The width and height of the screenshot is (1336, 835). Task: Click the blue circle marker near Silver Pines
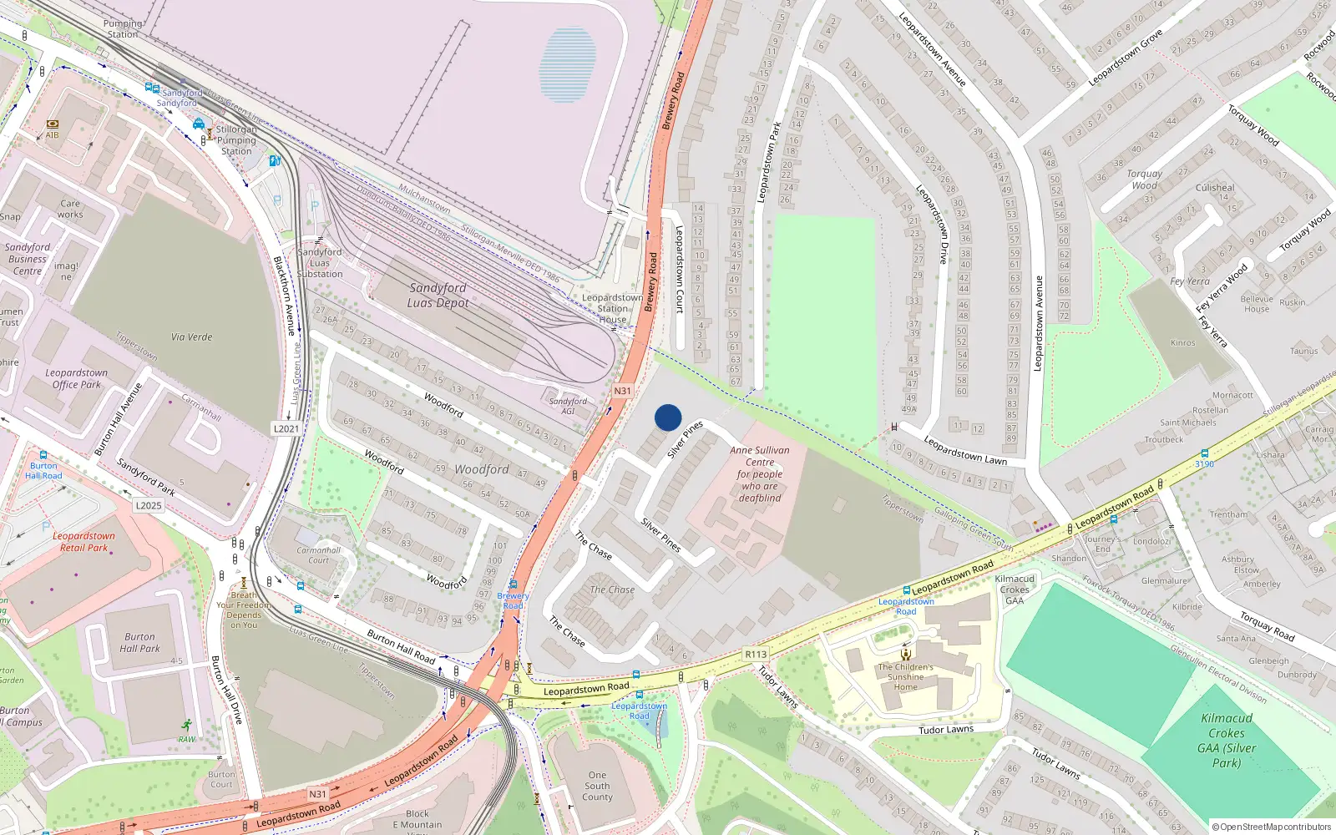(668, 417)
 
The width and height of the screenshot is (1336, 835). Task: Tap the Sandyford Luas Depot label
(438, 295)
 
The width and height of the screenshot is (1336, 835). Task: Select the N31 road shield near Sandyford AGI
(622, 391)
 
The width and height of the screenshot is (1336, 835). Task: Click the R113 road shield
(756, 654)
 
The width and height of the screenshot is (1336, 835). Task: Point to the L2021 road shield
(286, 428)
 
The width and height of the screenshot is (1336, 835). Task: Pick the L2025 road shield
(149, 505)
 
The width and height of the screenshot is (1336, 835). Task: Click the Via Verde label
(191, 337)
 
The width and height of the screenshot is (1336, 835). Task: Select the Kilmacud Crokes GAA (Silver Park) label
(1227, 740)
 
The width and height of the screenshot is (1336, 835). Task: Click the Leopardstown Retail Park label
(83, 542)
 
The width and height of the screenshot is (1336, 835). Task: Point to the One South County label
(597, 786)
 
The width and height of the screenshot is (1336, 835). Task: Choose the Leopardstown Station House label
(612, 308)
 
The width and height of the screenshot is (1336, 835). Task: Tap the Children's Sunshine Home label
(906, 676)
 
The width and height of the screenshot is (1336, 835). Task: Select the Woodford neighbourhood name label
(482, 469)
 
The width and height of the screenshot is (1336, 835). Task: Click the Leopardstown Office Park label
(76, 379)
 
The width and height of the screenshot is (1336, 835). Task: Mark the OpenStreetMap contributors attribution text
(1272, 827)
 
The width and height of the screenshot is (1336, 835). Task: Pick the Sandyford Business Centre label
(28, 259)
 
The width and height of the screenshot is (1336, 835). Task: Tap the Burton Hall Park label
(139, 642)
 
